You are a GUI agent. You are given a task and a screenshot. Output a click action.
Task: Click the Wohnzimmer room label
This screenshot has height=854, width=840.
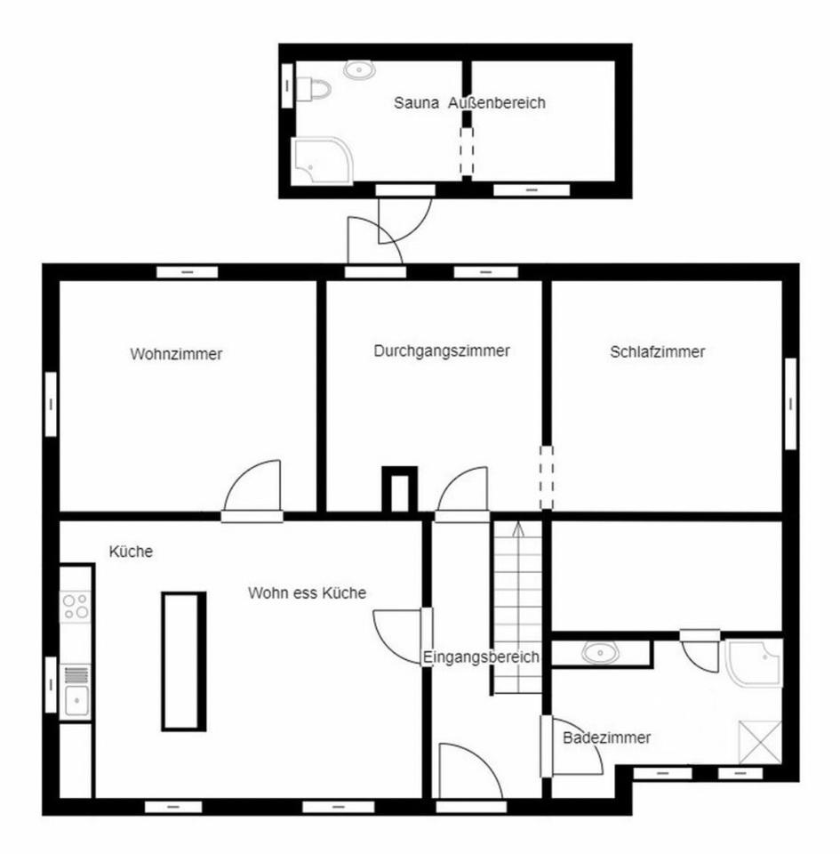176,354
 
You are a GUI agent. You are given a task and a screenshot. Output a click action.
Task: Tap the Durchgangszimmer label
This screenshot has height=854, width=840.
442,351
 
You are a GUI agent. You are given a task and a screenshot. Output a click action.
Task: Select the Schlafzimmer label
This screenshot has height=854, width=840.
657,352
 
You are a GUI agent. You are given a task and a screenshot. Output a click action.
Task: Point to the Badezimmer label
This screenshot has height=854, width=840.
606,738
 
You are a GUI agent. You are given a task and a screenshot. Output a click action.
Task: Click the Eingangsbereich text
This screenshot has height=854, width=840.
481,657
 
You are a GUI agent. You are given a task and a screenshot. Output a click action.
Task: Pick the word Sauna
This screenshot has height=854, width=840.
416,103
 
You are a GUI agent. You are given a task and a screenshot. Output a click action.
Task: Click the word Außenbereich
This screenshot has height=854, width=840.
496,103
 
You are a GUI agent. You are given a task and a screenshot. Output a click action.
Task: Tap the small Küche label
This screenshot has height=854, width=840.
131,552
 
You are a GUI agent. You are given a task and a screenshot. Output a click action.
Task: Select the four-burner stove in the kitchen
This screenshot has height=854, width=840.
76,607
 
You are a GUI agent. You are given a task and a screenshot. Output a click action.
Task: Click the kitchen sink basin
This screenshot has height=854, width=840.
76,700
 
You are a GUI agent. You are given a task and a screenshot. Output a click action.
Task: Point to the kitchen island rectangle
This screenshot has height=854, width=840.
184,661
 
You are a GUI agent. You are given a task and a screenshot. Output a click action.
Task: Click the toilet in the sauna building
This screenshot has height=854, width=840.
314,89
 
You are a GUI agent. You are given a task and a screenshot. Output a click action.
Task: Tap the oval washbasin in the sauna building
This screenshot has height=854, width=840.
359,69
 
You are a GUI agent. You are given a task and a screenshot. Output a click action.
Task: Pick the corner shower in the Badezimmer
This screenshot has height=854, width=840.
755,664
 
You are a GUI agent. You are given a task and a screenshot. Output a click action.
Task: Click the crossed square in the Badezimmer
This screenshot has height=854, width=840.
760,742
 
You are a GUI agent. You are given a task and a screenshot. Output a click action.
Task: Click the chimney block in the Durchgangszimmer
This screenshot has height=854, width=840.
399,489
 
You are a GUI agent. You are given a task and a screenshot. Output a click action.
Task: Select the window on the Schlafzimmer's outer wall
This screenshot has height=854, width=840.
790,404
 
